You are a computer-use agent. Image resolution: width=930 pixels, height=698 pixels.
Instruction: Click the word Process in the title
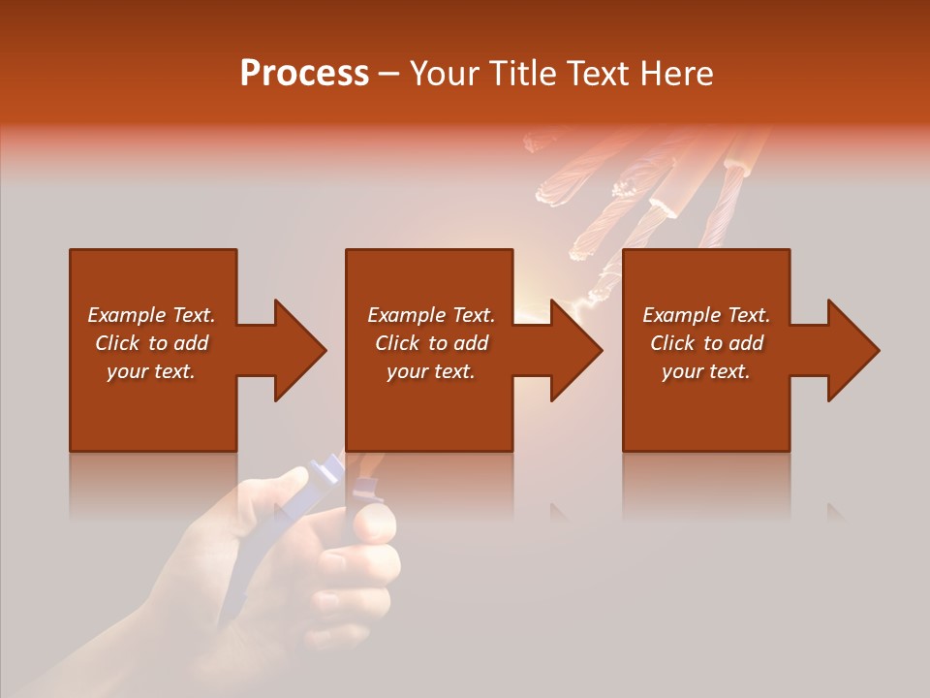[304, 74]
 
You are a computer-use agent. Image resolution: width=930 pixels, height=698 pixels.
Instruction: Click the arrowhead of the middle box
[574, 350]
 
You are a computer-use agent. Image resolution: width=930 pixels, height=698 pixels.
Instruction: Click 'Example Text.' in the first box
[151, 315]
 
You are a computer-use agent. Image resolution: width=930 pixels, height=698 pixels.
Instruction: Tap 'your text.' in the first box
[151, 371]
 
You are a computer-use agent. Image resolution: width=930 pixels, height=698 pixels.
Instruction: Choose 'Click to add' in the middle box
[431, 343]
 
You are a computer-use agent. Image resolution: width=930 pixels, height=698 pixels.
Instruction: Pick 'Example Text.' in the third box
[706, 315]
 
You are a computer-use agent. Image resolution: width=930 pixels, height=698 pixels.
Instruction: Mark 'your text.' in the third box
[706, 371]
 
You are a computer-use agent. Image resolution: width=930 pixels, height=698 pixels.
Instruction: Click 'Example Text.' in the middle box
[431, 315]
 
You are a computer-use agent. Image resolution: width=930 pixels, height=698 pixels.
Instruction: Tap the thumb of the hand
[372, 524]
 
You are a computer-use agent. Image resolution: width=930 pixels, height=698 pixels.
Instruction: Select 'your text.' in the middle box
[431, 371]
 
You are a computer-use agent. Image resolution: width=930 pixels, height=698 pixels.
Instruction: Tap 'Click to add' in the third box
[706, 343]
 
